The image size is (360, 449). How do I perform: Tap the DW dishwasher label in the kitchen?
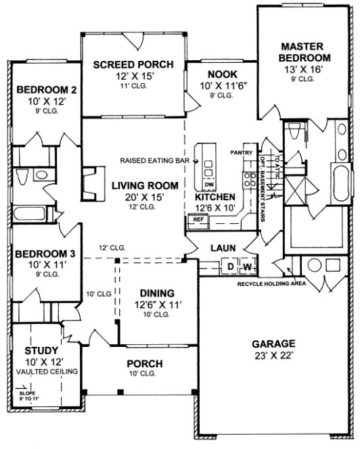pyautogui.click(x=208, y=185)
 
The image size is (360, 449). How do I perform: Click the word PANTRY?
pyautogui.click(x=241, y=152)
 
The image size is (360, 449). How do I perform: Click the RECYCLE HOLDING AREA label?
pyautogui.click(x=271, y=283)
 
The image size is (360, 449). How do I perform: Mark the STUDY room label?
pyautogui.click(x=36, y=351)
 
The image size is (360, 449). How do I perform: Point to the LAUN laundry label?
pyautogui.click(x=222, y=248)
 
